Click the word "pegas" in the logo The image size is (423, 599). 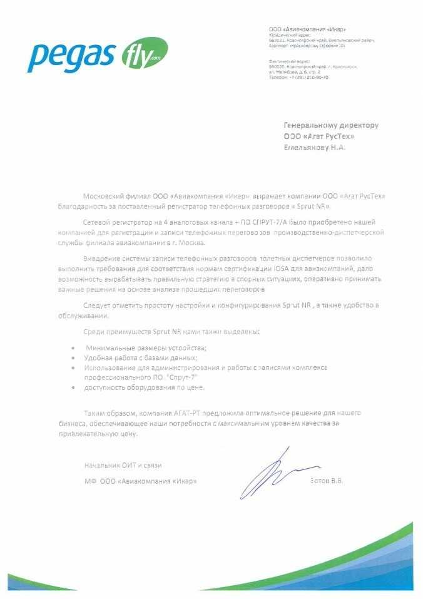[x=69, y=56]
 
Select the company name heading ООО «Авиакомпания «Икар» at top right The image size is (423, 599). [x=307, y=29]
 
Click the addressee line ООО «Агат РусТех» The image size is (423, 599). [x=319, y=136]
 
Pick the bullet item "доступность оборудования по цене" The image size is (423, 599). [x=145, y=387]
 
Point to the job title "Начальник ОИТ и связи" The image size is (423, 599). [x=123, y=465]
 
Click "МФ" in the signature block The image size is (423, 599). [x=89, y=481]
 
